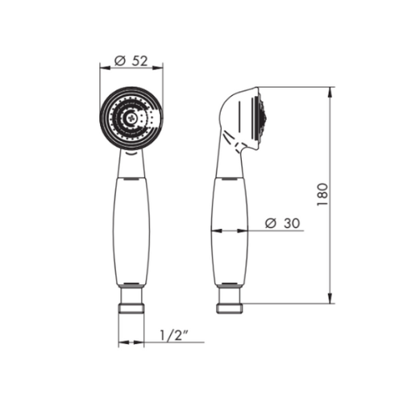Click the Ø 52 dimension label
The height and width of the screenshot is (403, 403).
click(x=131, y=61)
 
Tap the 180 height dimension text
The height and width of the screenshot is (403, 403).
click(x=322, y=195)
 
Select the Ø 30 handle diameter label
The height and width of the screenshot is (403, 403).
click(x=282, y=223)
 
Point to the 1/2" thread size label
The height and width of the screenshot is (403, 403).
click(x=174, y=335)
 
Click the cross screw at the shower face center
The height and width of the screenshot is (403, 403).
click(x=131, y=118)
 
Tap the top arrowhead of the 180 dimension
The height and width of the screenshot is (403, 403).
click(x=330, y=93)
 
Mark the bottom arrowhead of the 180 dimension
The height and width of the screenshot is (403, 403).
click(x=330, y=298)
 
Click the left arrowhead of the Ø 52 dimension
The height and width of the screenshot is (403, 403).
click(x=105, y=68)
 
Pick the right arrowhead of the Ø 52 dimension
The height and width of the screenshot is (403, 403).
click(x=157, y=68)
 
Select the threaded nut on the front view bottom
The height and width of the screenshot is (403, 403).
click(x=131, y=309)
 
